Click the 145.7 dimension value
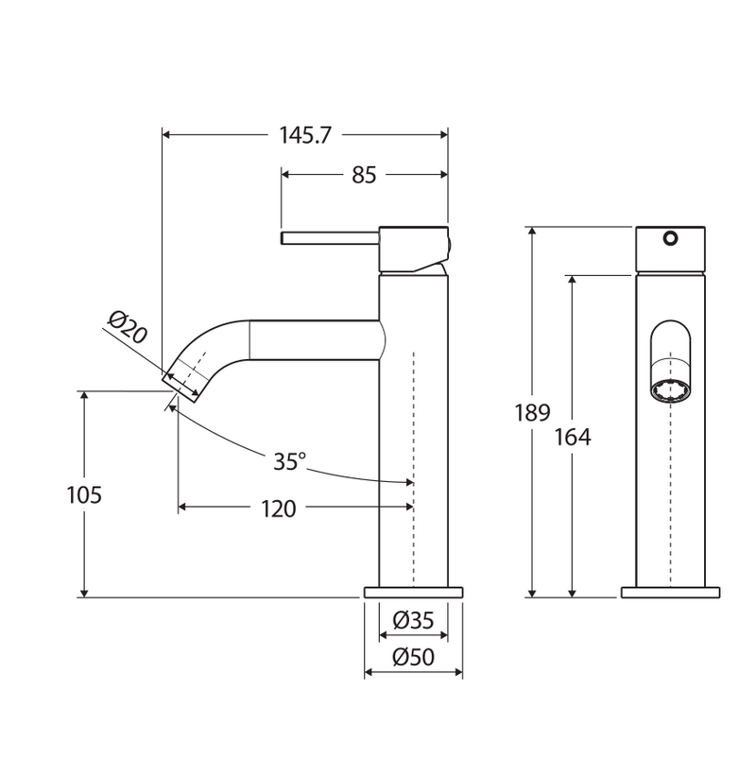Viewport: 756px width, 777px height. pyautogui.click(x=304, y=135)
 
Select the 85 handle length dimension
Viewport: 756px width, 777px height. pyautogui.click(x=364, y=175)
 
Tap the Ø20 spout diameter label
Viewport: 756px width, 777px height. pyautogui.click(x=128, y=327)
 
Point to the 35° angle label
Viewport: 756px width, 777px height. pyautogui.click(x=290, y=462)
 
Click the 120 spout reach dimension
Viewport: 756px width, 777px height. pyautogui.click(x=279, y=509)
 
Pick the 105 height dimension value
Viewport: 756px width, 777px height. pyautogui.click(x=84, y=494)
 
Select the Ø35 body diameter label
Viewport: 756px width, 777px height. pyautogui.click(x=413, y=620)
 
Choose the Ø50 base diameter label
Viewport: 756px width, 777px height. pyautogui.click(x=413, y=657)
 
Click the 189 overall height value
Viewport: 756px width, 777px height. pyautogui.click(x=533, y=412)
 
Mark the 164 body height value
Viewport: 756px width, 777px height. pyautogui.click(x=573, y=437)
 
